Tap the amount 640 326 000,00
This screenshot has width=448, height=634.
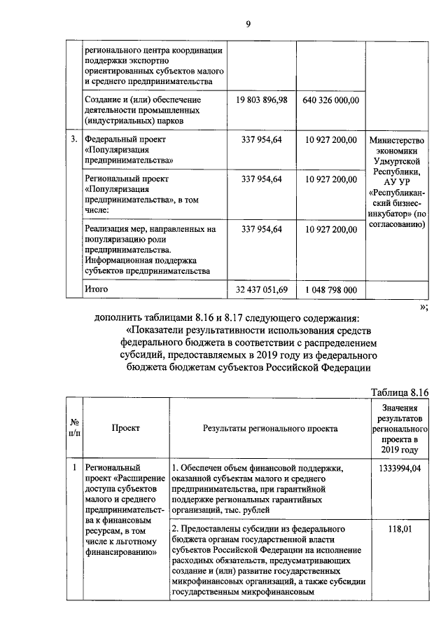[331, 100]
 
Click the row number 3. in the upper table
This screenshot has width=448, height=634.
[73, 139]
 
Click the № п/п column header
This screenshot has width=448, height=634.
[73, 428]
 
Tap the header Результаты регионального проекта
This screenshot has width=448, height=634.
[269, 428]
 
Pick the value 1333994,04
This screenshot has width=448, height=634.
[399, 469]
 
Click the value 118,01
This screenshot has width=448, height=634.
[399, 530]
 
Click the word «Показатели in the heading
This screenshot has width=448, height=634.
[155, 330]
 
